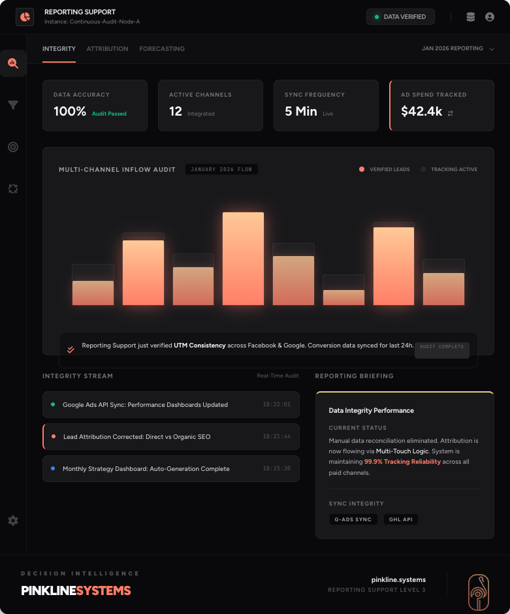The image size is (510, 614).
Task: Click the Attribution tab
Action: pyautogui.click(x=107, y=49)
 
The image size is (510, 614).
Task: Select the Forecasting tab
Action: pyautogui.click(x=162, y=49)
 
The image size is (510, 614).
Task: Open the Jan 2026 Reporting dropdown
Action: pyautogui.click(x=457, y=48)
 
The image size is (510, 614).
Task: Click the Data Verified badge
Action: pyautogui.click(x=400, y=17)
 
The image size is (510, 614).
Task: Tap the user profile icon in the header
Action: pyautogui.click(x=490, y=17)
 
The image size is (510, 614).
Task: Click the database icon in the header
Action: pyautogui.click(x=471, y=17)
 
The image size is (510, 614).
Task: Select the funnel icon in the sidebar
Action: pyautogui.click(x=13, y=105)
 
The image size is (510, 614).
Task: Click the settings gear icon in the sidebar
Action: pyautogui.click(x=13, y=521)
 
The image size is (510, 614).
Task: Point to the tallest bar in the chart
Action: pyautogui.click(x=243, y=258)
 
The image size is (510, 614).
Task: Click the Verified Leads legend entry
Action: pyautogui.click(x=385, y=169)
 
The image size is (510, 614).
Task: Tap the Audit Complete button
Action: pyautogui.click(x=442, y=347)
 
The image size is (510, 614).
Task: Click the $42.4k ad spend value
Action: pyautogui.click(x=421, y=112)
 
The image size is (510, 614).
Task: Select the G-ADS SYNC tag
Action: pyautogui.click(x=353, y=519)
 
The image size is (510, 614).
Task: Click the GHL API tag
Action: pyautogui.click(x=401, y=519)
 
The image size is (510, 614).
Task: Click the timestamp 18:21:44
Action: pyautogui.click(x=277, y=436)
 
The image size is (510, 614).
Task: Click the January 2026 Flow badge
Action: pyautogui.click(x=221, y=170)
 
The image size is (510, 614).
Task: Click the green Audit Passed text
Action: pyautogui.click(x=109, y=114)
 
